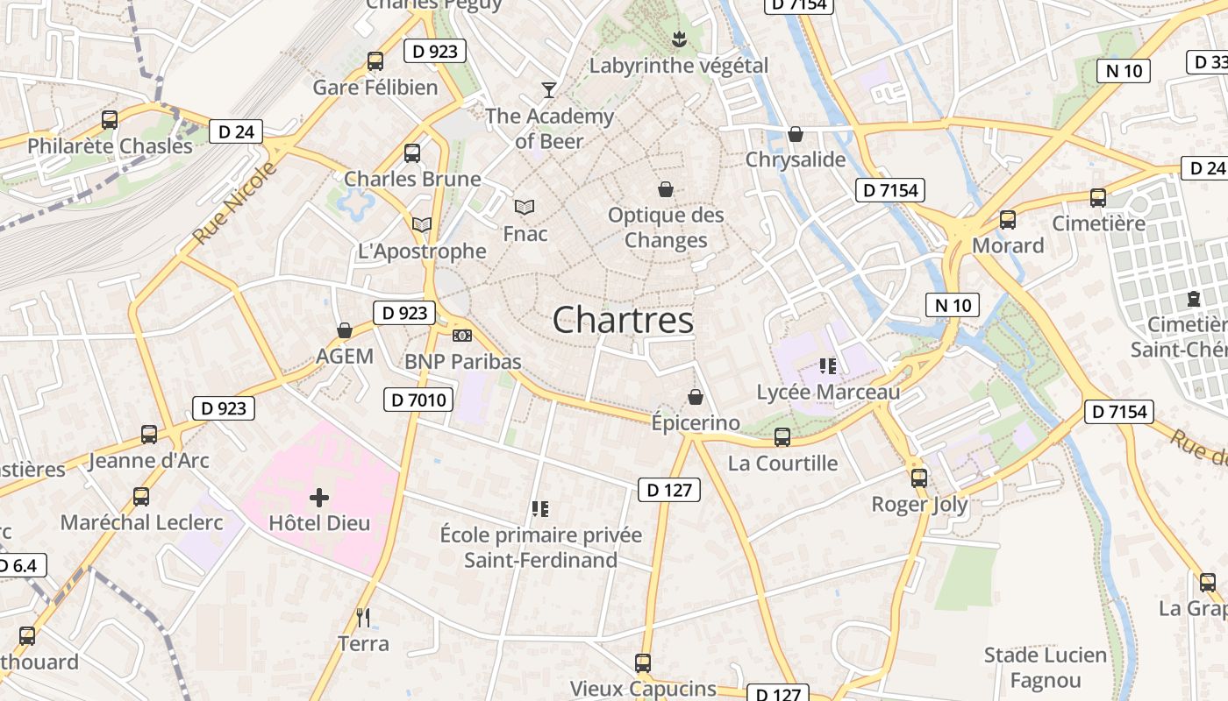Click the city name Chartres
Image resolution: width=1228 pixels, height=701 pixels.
pos(623,320)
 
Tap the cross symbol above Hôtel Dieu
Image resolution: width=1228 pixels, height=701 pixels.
pos(319,498)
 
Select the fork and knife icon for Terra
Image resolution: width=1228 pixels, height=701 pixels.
pos(363,617)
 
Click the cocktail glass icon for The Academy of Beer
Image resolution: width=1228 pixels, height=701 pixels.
pos(549,89)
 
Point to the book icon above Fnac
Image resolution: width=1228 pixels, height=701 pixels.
pos(525,207)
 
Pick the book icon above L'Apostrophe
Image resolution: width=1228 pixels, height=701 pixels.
pos(422,225)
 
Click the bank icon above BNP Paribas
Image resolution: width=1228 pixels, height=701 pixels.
pos(462,336)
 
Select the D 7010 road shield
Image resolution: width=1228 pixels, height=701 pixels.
pos(418,400)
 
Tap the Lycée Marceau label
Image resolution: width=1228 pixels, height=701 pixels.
pos(828,392)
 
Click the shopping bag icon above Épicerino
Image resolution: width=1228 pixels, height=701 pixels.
pos(696,397)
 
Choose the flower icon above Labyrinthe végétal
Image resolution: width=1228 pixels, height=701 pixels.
pos(678,39)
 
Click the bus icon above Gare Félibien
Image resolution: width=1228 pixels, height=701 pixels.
pos(375,61)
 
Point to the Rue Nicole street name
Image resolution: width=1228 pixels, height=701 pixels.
pos(234,203)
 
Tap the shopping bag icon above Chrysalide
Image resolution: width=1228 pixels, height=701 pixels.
pos(796,134)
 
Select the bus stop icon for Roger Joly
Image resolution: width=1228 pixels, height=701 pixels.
pos(919,478)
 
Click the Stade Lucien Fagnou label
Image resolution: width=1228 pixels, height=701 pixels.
pos(1045,668)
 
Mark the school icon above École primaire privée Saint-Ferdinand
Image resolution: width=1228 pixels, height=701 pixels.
pos(540,508)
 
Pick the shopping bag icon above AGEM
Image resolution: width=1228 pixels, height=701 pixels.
pos(345,330)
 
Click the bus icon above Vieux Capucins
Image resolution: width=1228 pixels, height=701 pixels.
pos(643,663)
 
